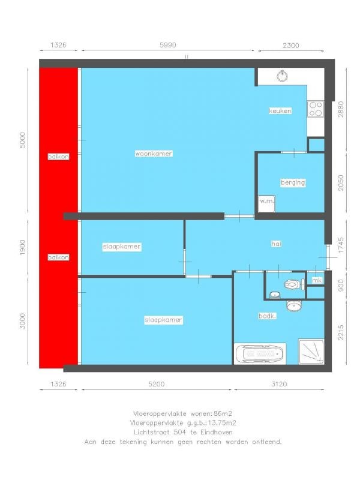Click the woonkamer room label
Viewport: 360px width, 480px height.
point(154,154)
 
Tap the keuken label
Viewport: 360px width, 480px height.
point(280,110)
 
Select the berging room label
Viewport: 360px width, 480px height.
point(293,182)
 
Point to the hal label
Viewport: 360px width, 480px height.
point(276,244)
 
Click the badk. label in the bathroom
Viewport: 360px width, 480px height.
point(267,316)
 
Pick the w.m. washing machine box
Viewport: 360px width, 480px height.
point(266,203)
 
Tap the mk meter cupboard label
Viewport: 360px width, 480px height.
point(317,280)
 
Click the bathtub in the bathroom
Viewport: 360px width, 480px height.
point(260,353)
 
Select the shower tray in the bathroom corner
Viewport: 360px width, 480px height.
point(311,352)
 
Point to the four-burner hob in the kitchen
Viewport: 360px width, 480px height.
point(316,109)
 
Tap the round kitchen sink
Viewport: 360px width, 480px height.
point(282,76)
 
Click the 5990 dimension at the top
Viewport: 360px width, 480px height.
point(168,45)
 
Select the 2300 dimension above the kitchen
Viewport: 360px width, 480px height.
point(291,46)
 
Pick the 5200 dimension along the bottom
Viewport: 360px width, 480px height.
point(157,384)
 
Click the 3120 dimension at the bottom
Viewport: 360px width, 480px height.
point(279,384)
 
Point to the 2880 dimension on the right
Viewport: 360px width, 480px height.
point(341,109)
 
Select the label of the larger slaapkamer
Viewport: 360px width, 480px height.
point(163,320)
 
